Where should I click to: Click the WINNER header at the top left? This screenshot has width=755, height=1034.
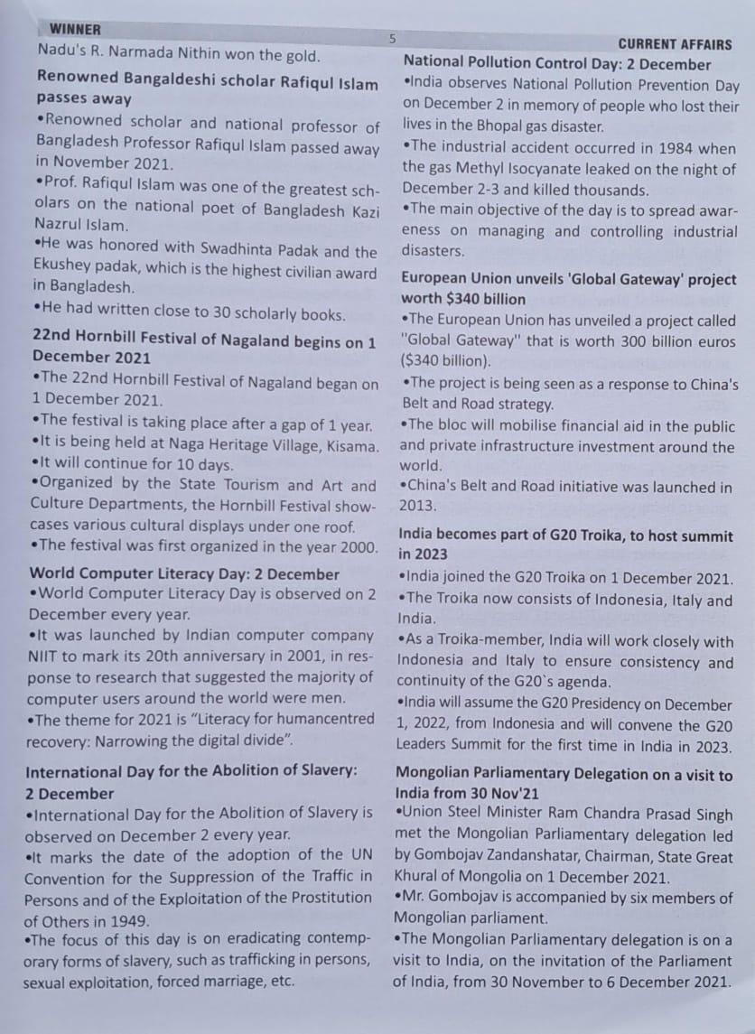click(76, 30)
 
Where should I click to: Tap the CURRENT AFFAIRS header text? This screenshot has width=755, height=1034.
click(675, 43)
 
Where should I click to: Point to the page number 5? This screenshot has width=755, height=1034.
click(392, 39)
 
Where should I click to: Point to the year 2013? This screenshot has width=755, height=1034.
click(417, 507)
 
